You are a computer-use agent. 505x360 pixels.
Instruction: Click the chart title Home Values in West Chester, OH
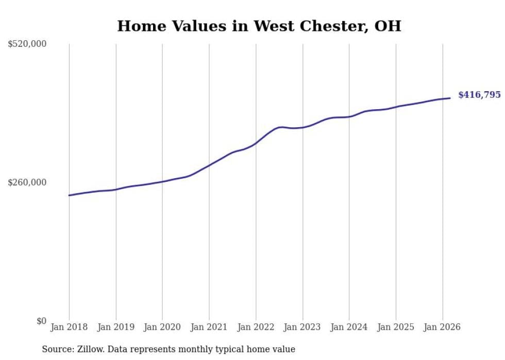(x=259, y=26)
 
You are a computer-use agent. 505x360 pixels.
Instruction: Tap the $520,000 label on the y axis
(x=27, y=44)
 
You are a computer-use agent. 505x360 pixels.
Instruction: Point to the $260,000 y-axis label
(x=27, y=182)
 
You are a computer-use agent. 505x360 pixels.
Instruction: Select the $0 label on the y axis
(x=41, y=321)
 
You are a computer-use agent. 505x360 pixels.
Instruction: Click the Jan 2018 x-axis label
(x=69, y=327)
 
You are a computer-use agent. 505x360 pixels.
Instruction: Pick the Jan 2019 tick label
(x=116, y=327)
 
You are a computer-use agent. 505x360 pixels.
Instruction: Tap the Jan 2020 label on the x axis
(x=162, y=327)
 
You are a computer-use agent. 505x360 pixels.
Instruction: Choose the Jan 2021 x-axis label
(x=209, y=327)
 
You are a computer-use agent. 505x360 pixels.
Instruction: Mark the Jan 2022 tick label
(x=256, y=327)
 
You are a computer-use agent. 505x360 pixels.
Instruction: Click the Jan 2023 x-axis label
(x=302, y=327)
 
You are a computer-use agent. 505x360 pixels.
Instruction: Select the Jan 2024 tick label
(x=349, y=327)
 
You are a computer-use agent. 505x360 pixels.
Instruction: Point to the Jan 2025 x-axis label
(x=396, y=327)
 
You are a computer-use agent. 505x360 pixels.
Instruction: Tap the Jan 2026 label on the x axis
(x=442, y=327)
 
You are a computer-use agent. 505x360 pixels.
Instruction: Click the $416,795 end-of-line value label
(x=479, y=95)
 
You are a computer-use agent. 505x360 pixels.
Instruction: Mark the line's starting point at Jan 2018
(x=69, y=195)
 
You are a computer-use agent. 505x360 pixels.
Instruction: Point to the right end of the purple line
(x=450, y=98)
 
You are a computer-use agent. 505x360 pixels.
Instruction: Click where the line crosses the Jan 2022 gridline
(x=256, y=143)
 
